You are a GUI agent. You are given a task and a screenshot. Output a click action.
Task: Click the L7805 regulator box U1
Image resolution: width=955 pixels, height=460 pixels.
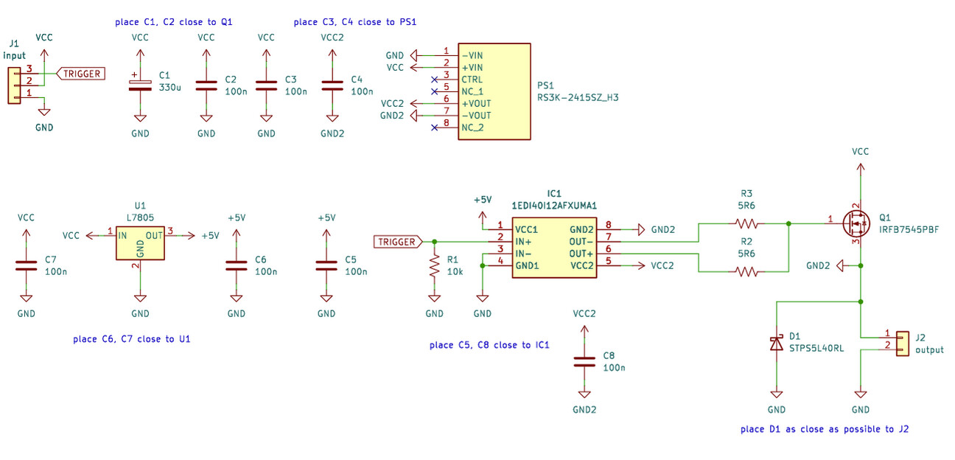139,242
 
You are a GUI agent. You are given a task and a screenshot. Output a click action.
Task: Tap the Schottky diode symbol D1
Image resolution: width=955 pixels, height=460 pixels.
776,343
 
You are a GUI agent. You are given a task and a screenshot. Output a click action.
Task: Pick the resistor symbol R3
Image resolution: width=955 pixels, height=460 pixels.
746,223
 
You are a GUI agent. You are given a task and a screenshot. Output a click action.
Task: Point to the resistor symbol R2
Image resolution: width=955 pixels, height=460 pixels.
746,272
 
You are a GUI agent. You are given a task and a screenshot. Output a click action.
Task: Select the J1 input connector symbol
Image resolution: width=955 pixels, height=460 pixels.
13,84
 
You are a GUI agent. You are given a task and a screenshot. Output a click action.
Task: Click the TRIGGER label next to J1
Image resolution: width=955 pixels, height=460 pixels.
80,74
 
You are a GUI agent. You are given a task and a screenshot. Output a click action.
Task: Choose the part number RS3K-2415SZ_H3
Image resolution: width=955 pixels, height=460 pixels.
578,97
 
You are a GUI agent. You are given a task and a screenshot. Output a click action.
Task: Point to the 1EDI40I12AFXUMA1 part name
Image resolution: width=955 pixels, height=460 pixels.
553,205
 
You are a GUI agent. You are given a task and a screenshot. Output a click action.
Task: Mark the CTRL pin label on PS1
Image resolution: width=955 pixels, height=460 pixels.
472,79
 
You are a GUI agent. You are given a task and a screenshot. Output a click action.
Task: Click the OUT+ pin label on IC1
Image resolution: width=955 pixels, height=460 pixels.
581,254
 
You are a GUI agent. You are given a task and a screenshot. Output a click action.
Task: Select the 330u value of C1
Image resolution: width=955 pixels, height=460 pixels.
170,87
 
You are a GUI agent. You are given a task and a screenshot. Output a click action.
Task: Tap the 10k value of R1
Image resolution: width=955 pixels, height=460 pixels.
455,271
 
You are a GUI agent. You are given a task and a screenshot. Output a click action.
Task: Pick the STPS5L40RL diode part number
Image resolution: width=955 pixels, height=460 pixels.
816,348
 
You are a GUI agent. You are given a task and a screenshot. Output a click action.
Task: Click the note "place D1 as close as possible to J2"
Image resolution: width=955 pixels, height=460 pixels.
824,428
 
